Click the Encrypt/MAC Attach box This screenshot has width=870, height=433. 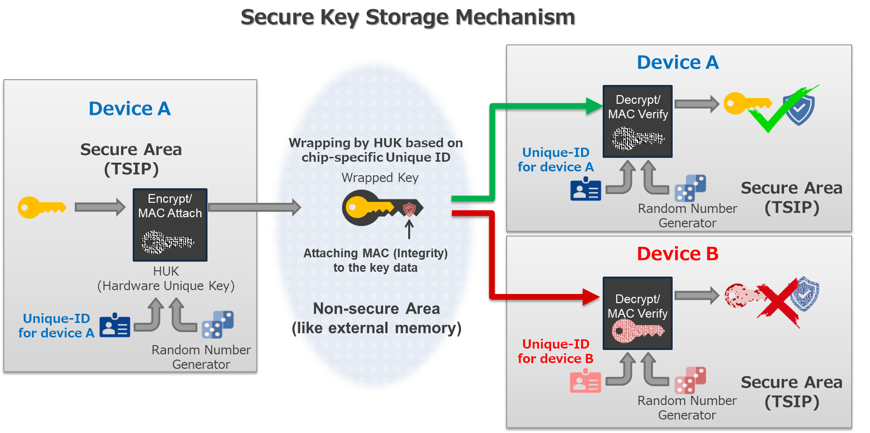(170, 224)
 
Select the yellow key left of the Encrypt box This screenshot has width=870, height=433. (41, 208)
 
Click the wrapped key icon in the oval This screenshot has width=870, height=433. (381, 208)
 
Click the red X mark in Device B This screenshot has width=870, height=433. (778, 302)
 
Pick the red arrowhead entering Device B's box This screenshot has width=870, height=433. (592, 296)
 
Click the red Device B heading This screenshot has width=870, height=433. (677, 253)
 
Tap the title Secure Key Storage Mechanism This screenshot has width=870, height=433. (408, 17)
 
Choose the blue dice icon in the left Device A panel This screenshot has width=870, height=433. (218, 324)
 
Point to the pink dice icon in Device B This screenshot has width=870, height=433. (690, 380)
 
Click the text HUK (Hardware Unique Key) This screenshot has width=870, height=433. (166, 279)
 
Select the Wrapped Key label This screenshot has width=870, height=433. (380, 178)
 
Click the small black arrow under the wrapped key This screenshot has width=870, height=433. (409, 229)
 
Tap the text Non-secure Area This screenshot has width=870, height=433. (376, 308)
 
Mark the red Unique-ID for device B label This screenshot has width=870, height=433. (555, 351)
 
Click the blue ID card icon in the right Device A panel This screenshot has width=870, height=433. (585, 189)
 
